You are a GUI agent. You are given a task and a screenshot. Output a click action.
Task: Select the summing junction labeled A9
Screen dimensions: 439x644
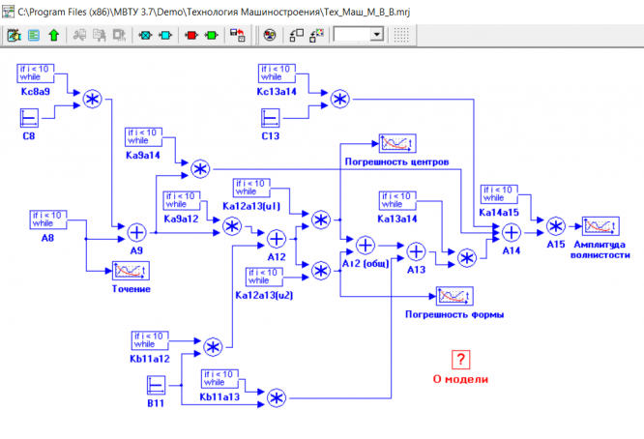click(x=136, y=231)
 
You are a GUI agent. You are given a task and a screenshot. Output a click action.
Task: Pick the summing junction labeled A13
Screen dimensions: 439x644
click(x=416, y=250)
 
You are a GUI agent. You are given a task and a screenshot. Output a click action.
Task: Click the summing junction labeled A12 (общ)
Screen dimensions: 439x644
click(x=365, y=245)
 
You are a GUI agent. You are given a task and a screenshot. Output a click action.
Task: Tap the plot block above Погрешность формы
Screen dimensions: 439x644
click(x=454, y=296)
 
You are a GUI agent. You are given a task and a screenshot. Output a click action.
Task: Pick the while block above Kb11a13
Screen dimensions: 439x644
click(x=219, y=377)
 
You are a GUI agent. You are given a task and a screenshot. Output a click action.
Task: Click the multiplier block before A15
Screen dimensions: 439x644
click(x=556, y=227)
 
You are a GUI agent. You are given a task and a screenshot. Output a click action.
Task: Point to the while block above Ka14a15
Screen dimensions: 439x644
click(x=499, y=193)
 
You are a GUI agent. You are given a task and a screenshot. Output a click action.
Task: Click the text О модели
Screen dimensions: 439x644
click(x=462, y=379)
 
